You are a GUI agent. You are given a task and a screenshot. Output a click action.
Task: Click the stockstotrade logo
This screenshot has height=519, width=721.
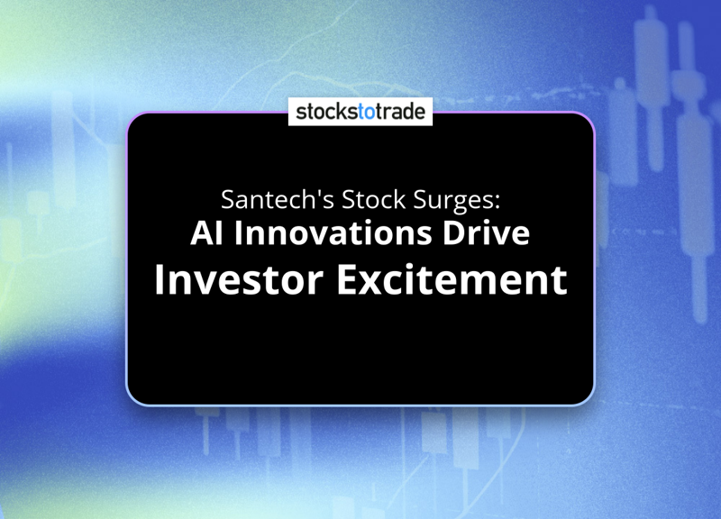360,112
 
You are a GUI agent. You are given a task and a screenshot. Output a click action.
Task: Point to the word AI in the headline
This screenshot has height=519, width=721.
207,233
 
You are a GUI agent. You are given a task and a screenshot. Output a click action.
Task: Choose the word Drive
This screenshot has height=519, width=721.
486,232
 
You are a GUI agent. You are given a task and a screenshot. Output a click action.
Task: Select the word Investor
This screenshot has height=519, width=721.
239,279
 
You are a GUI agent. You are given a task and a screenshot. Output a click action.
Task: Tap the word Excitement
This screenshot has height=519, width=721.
452,279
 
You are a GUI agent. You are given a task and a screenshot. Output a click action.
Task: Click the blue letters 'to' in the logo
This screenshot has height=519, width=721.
366,112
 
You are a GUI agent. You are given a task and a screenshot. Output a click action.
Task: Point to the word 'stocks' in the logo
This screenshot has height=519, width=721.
327,112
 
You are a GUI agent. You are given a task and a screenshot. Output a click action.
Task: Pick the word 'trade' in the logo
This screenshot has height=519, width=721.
400,112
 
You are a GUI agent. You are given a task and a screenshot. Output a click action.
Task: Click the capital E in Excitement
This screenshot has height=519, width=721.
349,279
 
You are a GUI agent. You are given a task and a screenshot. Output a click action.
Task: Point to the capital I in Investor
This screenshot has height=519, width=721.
160,279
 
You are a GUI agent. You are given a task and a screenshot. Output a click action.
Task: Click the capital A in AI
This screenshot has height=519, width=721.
201,233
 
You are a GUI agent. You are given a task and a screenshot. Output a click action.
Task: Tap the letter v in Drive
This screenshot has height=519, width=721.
499,236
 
